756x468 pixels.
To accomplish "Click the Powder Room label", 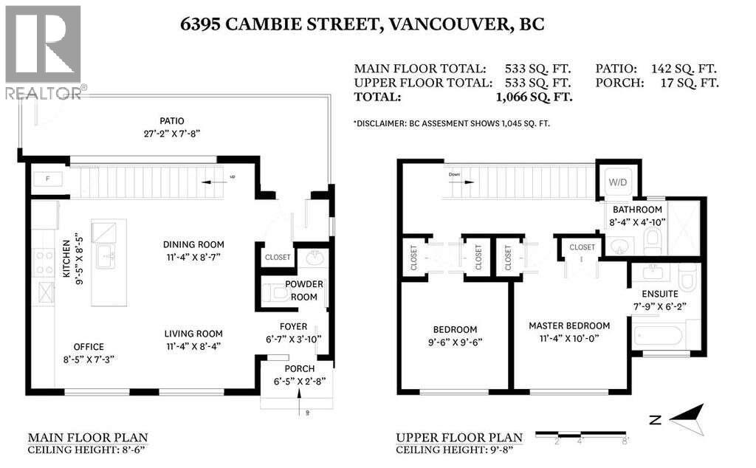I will (305, 290).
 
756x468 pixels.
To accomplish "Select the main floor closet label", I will (278, 257).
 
